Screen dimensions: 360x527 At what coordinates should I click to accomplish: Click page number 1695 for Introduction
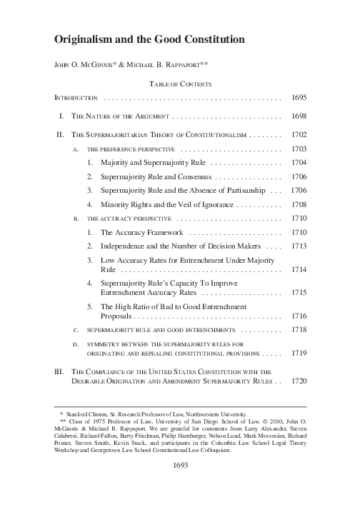[299, 96]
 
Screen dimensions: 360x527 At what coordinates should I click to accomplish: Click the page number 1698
[299, 116]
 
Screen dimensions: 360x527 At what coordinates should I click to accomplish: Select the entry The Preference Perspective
[131, 150]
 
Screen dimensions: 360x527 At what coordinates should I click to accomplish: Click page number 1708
[299, 204]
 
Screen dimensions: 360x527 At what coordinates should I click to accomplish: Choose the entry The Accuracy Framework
[142, 233]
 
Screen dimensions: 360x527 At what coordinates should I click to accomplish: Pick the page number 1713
[299, 246]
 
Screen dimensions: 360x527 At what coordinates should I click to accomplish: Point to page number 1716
[299, 315]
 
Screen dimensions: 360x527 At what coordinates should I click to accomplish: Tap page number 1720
[299, 380]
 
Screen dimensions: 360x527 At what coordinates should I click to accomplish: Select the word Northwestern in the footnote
[227, 413]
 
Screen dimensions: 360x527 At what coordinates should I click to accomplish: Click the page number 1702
[299, 134]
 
